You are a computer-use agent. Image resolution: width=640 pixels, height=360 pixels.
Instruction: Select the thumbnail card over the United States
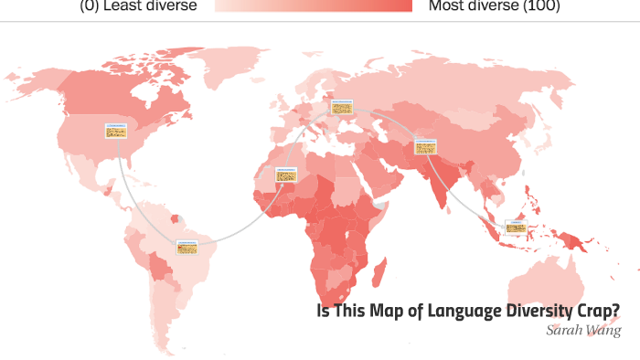point(116,131)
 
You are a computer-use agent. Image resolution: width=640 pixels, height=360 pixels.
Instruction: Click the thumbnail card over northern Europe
point(341,108)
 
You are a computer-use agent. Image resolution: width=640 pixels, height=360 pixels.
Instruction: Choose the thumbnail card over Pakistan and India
point(425,146)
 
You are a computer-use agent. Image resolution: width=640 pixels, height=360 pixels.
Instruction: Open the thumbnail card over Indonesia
point(517,227)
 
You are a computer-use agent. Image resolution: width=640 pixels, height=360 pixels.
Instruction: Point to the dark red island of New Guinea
point(573,238)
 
